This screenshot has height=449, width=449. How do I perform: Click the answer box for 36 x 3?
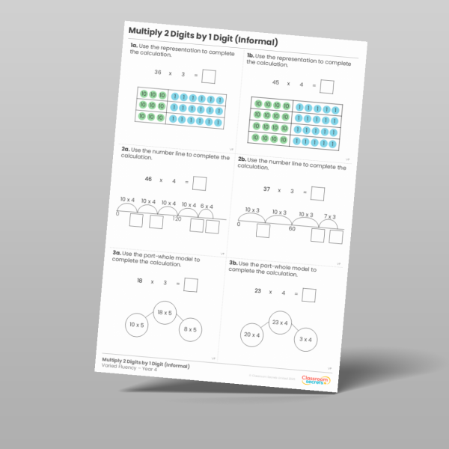[209, 76]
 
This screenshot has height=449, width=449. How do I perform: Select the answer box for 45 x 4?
[327, 87]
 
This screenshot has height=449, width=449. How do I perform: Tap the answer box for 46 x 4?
[199, 183]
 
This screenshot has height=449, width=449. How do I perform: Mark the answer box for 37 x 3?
[317, 194]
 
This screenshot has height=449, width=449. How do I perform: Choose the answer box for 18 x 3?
[191, 285]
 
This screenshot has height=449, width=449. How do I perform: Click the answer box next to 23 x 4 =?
[308, 295]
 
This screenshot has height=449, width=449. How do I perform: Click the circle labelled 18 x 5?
[164, 314]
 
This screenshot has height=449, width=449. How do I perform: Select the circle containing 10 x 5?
[137, 325]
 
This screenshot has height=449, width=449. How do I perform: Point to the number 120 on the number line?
[177, 219]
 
